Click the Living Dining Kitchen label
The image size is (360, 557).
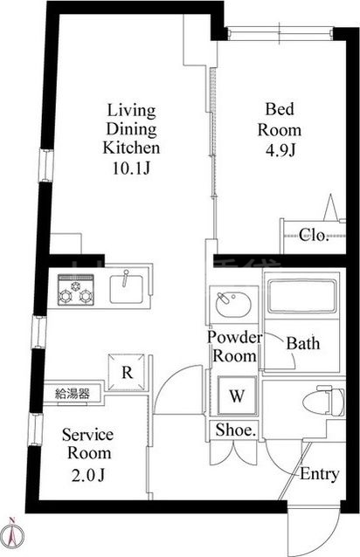click(131, 129)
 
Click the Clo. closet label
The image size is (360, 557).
click(313, 234)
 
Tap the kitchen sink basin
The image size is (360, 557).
click(129, 286)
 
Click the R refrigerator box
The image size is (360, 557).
click(128, 371)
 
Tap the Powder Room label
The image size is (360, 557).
click(233, 347)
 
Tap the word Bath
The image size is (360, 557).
click(303, 343)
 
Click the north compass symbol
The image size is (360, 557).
click(13, 531)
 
